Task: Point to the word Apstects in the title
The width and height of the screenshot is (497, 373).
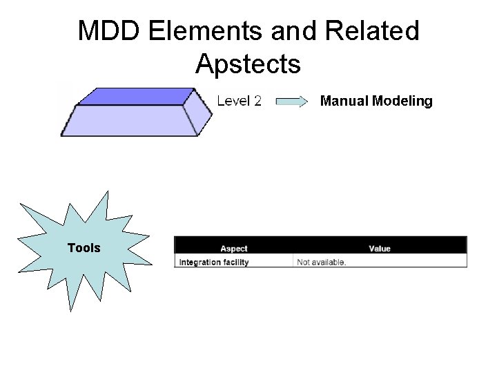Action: click(x=248, y=64)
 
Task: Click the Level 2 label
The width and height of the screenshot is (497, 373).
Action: click(x=239, y=102)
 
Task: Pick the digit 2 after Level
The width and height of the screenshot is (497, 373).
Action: click(x=257, y=102)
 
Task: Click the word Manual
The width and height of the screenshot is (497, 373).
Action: click(x=344, y=102)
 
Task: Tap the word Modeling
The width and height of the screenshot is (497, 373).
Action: click(x=402, y=102)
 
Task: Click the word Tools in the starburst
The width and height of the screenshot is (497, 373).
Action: click(x=84, y=248)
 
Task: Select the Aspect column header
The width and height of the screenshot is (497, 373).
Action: click(x=234, y=249)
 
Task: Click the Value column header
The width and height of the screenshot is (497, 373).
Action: click(x=380, y=249)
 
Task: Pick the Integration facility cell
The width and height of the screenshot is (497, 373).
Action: click(x=214, y=262)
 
